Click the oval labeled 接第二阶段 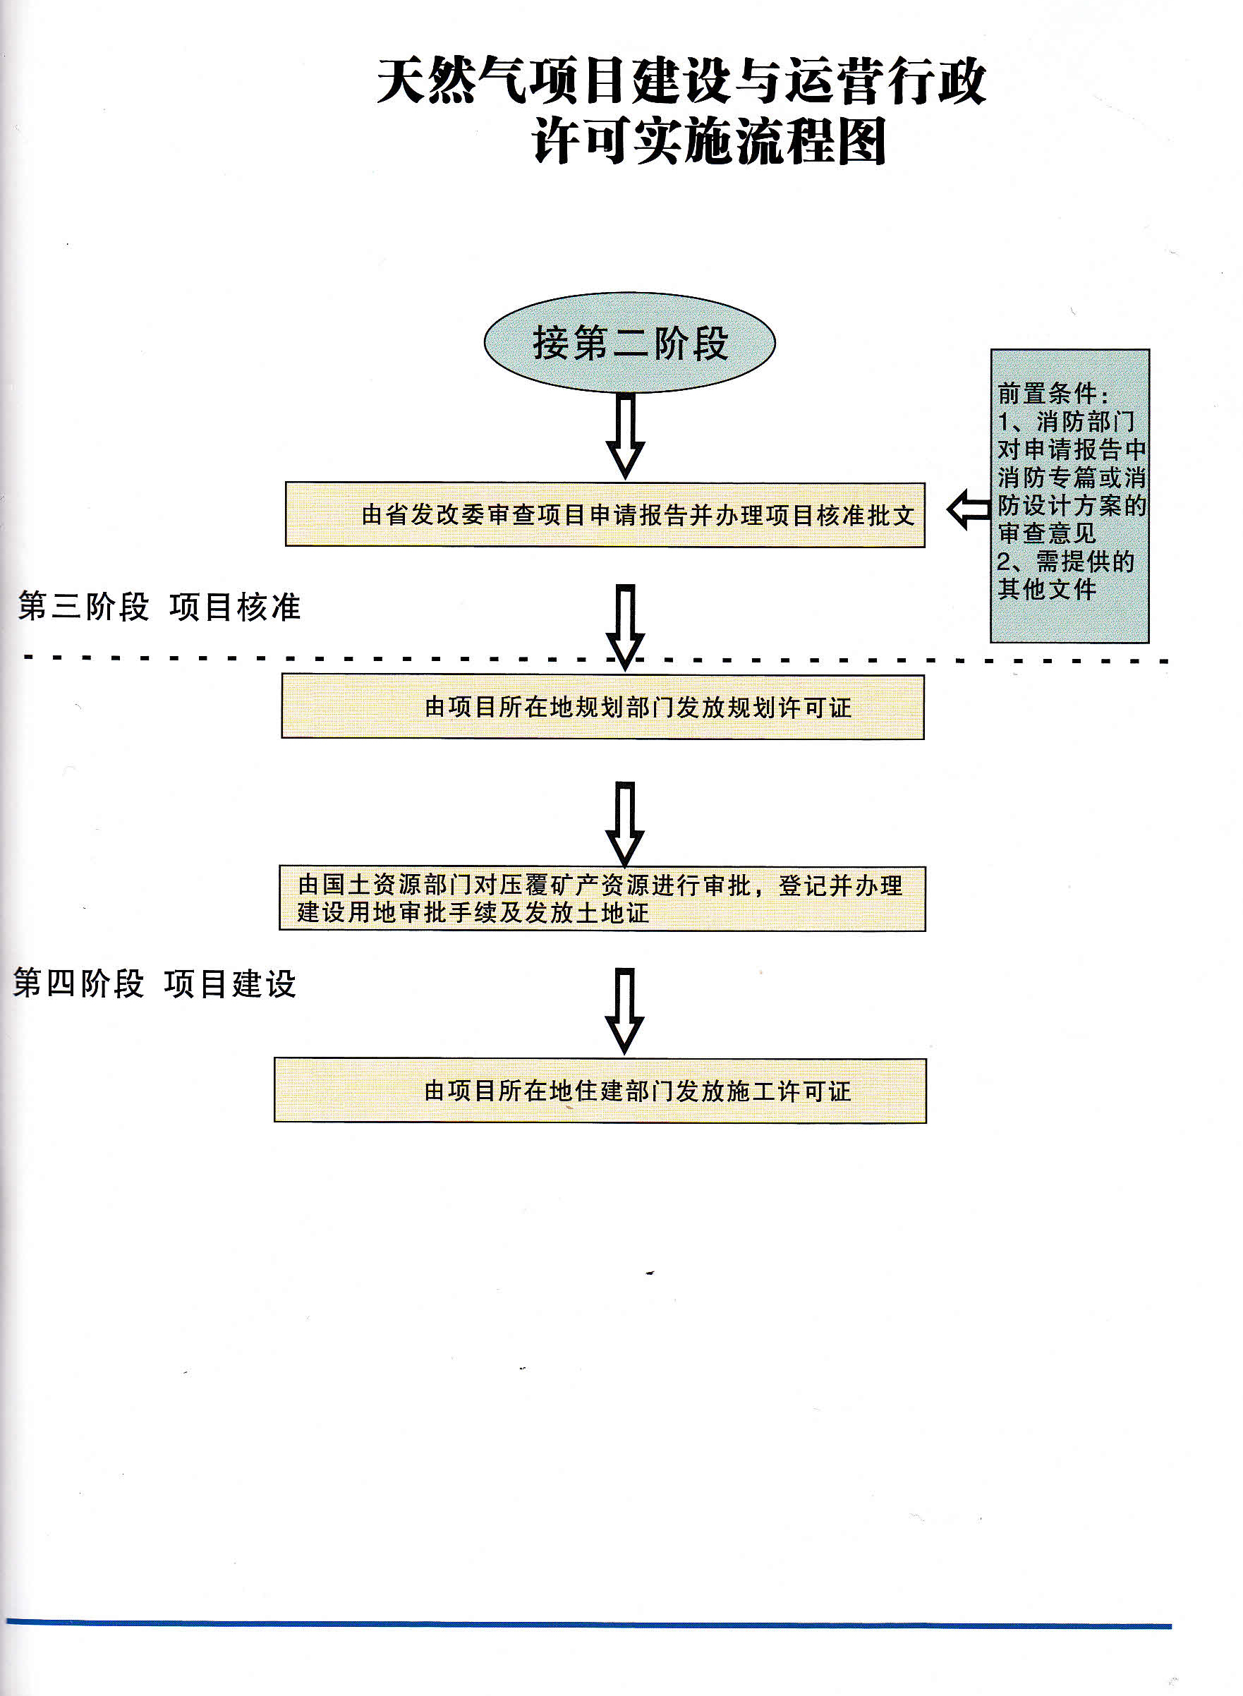(x=629, y=343)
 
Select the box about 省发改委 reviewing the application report (x=605, y=515)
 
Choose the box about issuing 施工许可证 (x=600, y=1090)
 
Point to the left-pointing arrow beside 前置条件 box (x=969, y=510)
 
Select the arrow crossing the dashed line (x=625, y=626)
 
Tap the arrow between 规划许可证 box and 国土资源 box (x=624, y=823)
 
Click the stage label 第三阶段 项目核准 (x=159, y=607)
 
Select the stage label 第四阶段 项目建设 (x=154, y=984)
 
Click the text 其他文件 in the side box (x=1047, y=589)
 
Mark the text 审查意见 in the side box (x=1047, y=533)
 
